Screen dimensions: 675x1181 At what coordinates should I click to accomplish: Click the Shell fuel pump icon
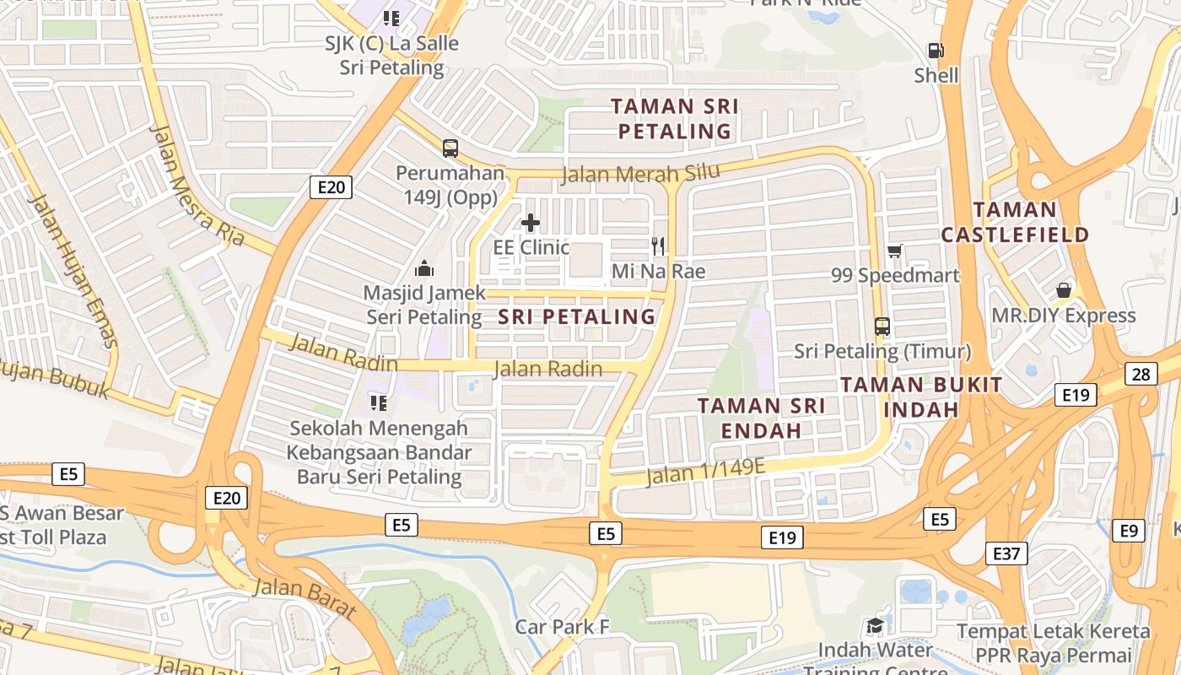(x=936, y=51)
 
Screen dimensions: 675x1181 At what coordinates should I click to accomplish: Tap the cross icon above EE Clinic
(x=530, y=223)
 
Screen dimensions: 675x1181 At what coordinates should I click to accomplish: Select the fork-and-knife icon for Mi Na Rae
(x=658, y=246)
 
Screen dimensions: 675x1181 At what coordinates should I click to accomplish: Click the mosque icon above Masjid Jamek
(x=423, y=268)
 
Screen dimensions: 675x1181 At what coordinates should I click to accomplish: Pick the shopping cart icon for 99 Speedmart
(x=894, y=251)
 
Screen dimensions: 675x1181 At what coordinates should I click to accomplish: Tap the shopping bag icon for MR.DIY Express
(x=1063, y=290)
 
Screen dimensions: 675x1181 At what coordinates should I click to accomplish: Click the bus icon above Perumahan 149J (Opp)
(x=450, y=148)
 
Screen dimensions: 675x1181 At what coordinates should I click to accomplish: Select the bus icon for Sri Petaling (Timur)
(x=882, y=326)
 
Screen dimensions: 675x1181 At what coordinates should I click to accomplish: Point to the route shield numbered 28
(x=1141, y=374)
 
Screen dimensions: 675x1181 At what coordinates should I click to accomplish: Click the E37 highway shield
(x=1006, y=553)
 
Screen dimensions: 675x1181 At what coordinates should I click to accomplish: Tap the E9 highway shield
(x=1129, y=531)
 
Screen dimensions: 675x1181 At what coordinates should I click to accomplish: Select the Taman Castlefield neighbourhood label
(x=1015, y=222)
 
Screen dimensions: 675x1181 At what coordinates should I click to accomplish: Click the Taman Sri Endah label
(x=762, y=418)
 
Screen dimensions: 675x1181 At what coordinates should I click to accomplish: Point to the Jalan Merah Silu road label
(x=640, y=174)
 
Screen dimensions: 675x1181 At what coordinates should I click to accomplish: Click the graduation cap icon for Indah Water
(x=875, y=626)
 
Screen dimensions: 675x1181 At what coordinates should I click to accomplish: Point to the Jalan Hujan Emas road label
(x=73, y=270)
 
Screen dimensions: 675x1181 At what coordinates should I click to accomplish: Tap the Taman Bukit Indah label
(x=921, y=397)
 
